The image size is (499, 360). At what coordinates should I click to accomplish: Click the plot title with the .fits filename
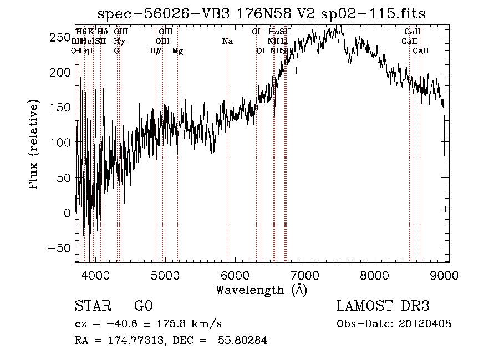pos(262,14)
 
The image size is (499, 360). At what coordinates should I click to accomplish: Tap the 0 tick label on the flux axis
pos(67,212)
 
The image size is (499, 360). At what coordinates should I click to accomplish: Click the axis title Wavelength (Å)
pos(261,290)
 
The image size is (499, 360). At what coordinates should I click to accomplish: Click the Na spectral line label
pos(227,41)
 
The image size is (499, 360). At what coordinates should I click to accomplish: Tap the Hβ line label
pos(156,50)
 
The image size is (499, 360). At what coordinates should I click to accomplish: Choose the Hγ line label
pos(119,41)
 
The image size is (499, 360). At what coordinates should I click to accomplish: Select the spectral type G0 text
pos(143,306)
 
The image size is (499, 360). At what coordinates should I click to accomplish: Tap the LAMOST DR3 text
pos(383,306)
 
